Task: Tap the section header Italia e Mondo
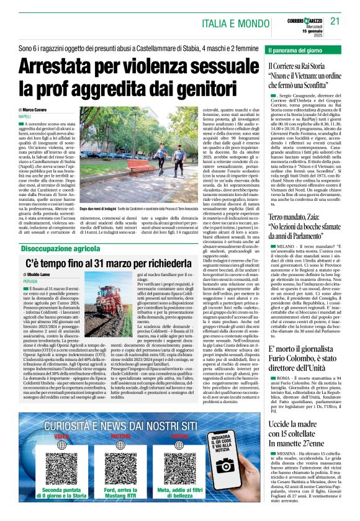point(233,23)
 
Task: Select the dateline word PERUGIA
point(27,281)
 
